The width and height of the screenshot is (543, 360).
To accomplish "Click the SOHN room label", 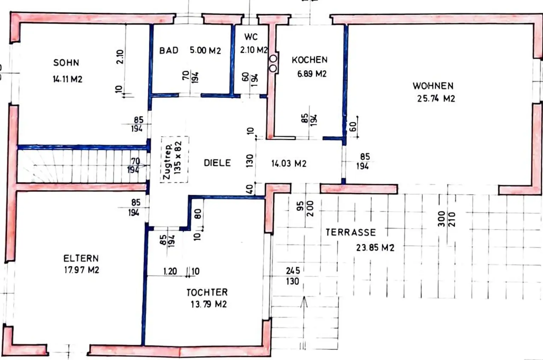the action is coord(66,63).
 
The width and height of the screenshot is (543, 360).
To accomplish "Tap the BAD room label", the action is coord(169,51).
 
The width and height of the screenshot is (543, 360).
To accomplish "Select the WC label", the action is coord(251,37).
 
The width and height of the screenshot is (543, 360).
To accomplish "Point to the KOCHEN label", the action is coord(310,60).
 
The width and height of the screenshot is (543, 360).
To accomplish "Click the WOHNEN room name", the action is coord(433,86).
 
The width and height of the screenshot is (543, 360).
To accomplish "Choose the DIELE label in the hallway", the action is coord(217,163).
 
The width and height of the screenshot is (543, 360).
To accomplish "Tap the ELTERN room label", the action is coord(81,259).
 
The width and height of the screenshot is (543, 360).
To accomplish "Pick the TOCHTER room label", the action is coord(207,293).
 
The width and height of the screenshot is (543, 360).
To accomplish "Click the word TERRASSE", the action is coord(351,232).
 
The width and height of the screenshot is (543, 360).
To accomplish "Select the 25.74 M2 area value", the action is coord(436,99).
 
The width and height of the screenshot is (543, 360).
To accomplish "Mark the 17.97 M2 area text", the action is coord(82,270).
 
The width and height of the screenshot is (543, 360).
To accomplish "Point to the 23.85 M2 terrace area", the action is coord(375,248).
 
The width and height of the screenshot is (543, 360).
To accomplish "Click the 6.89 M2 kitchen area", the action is coord(312,73).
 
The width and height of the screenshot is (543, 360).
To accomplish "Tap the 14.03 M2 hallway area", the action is coord(289,164).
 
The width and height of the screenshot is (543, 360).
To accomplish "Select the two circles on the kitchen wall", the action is coord(273,64).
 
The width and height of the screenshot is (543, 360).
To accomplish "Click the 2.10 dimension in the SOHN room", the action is coord(120,57).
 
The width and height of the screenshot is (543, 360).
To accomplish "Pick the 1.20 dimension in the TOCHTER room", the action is coord(170,271).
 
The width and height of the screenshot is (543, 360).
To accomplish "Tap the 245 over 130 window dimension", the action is coord(293,276).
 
